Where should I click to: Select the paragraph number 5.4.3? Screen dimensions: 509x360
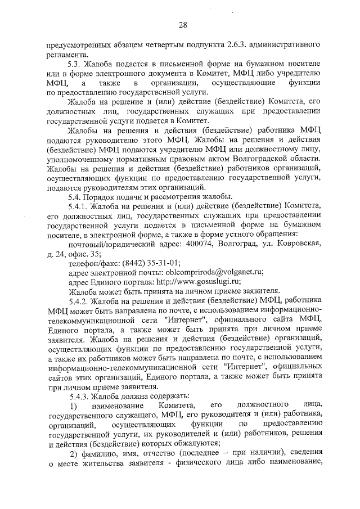tap(80, 396)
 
